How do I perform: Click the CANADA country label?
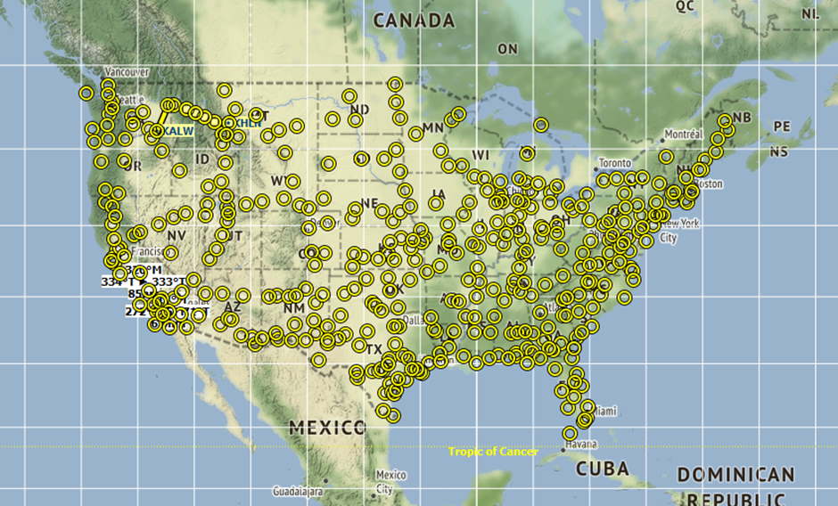pyautogui.click(x=413, y=20)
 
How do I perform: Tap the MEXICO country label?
pyautogui.click(x=327, y=428)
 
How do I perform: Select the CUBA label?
pyautogui.click(x=602, y=469)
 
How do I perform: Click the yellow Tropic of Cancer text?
pyautogui.click(x=493, y=452)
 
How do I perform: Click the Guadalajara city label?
pyautogui.click(x=298, y=491)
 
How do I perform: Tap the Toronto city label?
pyautogui.click(x=615, y=164)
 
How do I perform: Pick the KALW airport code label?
pyautogui.click(x=178, y=132)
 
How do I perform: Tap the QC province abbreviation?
pyautogui.click(x=685, y=5)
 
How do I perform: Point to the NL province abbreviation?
pyautogui.click(x=809, y=14)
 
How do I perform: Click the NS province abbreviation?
pyautogui.click(x=779, y=152)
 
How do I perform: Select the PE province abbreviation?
pyautogui.click(x=782, y=127)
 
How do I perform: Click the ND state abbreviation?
pyautogui.click(x=360, y=110)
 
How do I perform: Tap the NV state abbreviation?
pyautogui.click(x=177, y=235)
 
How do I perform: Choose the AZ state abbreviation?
pyautogui.click(x=232, y=307)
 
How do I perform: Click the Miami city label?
pyautogui.click(x=605, y=412)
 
